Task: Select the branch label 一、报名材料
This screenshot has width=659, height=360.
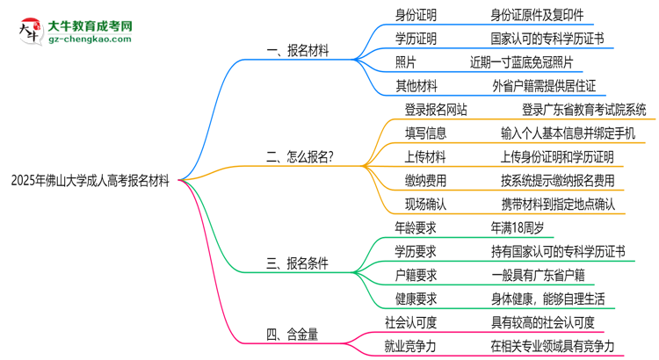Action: [297, 51]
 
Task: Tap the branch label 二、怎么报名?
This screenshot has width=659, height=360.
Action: [305, 157]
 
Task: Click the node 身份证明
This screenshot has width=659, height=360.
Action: [416, 15]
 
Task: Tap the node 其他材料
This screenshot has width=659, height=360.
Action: [416, 86]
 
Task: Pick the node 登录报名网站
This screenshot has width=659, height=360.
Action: [435, 110]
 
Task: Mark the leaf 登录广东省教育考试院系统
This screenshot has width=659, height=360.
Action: [583, 110]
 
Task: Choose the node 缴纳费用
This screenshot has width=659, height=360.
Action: [425, 181]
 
